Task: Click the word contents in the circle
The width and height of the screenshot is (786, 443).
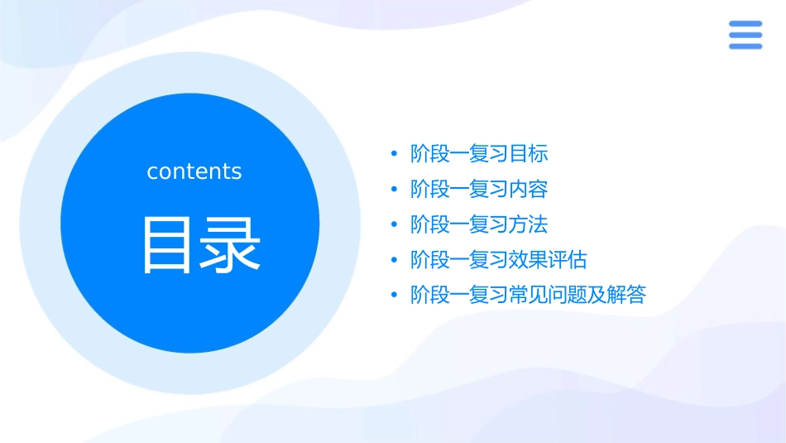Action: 194,171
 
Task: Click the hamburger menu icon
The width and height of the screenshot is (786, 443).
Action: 745,35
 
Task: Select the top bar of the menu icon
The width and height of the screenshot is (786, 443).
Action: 745,24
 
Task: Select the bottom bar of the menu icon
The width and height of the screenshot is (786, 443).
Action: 745,46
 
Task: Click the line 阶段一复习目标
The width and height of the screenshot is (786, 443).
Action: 479,154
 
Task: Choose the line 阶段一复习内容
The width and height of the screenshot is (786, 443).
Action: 479,190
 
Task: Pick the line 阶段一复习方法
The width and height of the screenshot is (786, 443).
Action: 479,224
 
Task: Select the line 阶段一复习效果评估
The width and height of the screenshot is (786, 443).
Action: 499,260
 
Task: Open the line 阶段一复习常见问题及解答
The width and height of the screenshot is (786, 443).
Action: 528,296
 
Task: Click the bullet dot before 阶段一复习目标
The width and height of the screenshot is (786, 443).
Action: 394,155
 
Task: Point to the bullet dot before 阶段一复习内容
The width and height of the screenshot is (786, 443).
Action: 394,190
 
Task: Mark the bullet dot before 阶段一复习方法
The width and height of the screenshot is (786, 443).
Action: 394,225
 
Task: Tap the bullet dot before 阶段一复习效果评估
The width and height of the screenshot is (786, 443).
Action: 394,261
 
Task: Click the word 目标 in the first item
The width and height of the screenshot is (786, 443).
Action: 529,154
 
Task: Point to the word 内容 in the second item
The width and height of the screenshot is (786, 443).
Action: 529,190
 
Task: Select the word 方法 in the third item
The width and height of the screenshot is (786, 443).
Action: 529,224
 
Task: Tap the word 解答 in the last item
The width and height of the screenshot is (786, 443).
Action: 626,296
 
